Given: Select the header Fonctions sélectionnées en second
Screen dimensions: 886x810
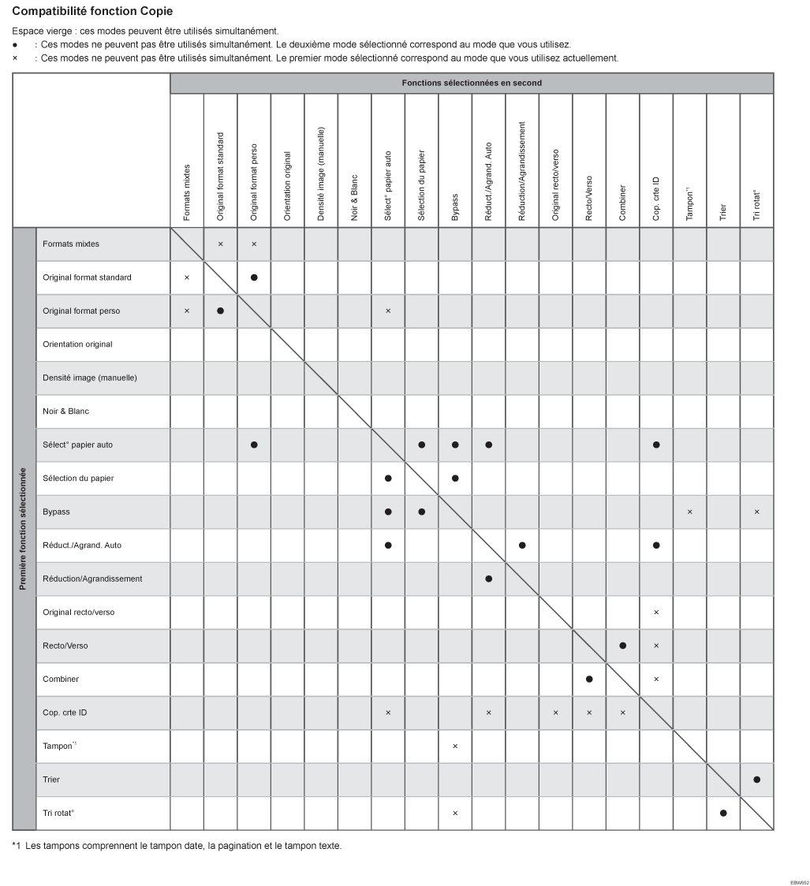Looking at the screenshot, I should pos(472,83).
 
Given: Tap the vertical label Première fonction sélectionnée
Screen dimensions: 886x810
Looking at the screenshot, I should pos(24,529).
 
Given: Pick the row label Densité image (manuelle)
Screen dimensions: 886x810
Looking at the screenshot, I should pos(90,378).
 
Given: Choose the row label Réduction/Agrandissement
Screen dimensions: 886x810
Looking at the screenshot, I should pos(92,579).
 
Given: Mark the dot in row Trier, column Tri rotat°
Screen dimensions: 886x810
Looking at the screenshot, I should pos(757,780).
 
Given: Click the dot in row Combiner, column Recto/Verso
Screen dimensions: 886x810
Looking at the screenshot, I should pos(589,679).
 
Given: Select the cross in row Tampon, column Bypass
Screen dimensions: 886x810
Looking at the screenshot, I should pos(455,746).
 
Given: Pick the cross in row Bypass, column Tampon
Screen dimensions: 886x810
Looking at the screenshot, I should pos(690,512).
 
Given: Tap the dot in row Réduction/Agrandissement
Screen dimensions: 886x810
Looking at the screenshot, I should pos(489,579).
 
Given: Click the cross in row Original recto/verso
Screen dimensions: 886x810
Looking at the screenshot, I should pos(656,612).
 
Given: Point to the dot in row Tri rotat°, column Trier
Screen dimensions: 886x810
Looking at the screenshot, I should pos(723,813).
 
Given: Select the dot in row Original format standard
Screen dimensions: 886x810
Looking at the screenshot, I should pos(254,277).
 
